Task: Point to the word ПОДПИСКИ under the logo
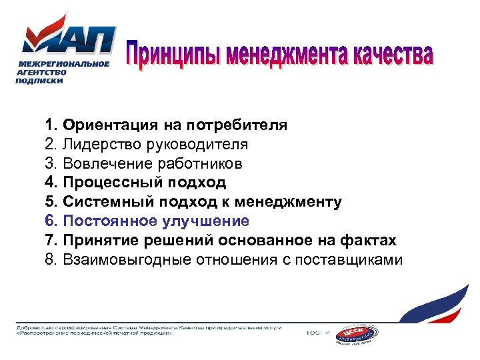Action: point(39,80)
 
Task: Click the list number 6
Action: point(51,221)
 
